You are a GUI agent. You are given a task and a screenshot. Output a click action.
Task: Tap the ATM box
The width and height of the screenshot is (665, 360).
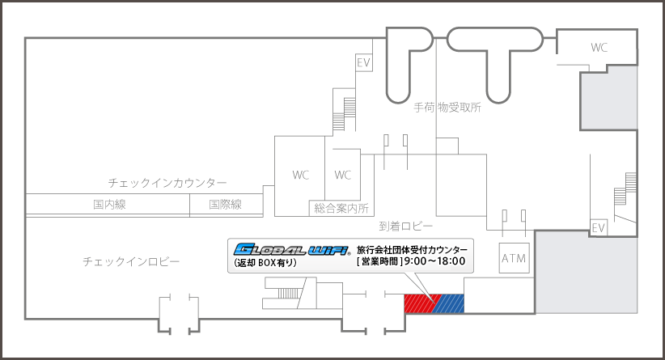515,258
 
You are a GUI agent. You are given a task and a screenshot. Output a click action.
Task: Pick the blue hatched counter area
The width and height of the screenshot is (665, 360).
449,303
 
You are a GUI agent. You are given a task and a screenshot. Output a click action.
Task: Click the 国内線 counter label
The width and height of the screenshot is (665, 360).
109,205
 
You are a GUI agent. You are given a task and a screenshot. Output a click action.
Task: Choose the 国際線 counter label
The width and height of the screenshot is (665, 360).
226,205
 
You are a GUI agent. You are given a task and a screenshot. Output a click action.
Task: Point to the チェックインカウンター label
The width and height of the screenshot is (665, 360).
167,183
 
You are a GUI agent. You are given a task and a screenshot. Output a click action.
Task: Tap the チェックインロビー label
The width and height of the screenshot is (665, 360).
131,261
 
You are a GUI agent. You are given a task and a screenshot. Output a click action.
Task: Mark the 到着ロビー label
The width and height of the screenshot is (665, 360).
406,227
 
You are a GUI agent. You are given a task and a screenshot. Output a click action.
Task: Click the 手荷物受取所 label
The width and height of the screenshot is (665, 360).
447,108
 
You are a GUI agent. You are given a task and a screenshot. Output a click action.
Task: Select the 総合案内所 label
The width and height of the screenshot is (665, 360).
341,209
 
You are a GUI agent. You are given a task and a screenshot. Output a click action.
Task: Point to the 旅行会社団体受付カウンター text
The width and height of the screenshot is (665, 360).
412,249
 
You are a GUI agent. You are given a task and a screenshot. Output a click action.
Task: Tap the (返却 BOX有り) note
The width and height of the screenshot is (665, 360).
265,263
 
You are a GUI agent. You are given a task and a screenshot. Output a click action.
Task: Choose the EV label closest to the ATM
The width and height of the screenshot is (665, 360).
599,228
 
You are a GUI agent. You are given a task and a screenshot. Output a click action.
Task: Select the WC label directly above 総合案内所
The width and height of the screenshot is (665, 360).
343,175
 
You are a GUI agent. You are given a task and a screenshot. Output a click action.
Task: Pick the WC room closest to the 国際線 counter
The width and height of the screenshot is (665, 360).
300,175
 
